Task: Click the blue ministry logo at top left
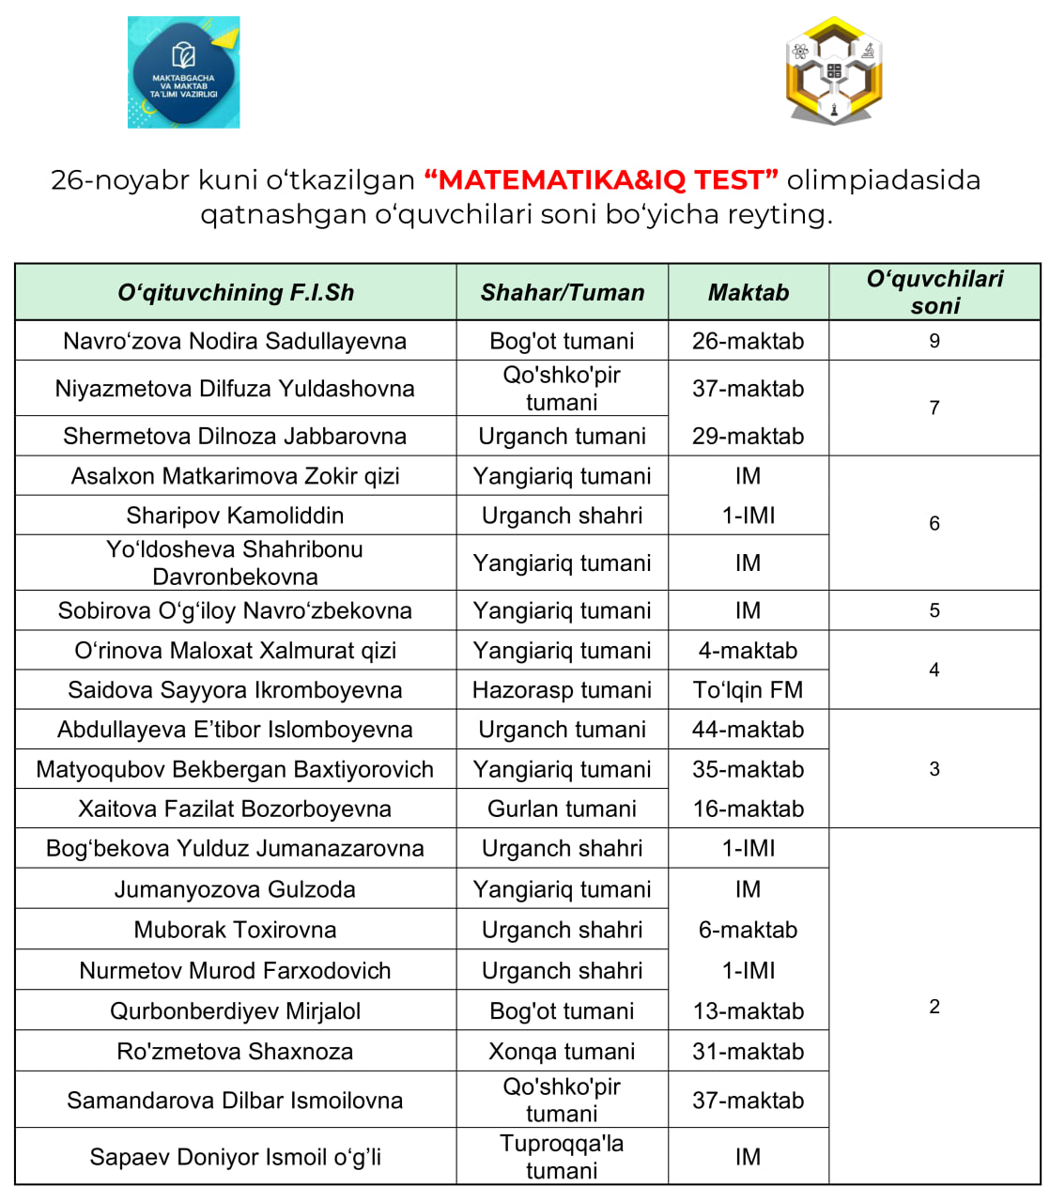coord(184,72)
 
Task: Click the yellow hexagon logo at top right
coord(834,70)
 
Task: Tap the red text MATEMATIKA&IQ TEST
coord(601,179)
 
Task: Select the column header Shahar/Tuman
coord(563,293)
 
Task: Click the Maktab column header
coord(749,293)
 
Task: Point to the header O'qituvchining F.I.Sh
coord(236,293)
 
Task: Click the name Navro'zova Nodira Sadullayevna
coord(235,341)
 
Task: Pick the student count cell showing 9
coord(934,341)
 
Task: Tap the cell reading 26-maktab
coord(749,341)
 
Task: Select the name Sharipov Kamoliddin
coord(235,516)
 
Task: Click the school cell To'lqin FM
coord(749,690)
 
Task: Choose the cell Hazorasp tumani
coord(562,690)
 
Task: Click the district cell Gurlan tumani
coord(562,809)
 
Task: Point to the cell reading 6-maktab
coord(749,930)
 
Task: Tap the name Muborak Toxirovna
coord(235,930)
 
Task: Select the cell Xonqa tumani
coord(562,1052)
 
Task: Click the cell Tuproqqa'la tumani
coord(562,1157)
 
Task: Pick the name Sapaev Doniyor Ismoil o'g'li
coord(235,1157)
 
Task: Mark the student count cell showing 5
coord(934,610)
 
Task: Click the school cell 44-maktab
coord(749,730)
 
